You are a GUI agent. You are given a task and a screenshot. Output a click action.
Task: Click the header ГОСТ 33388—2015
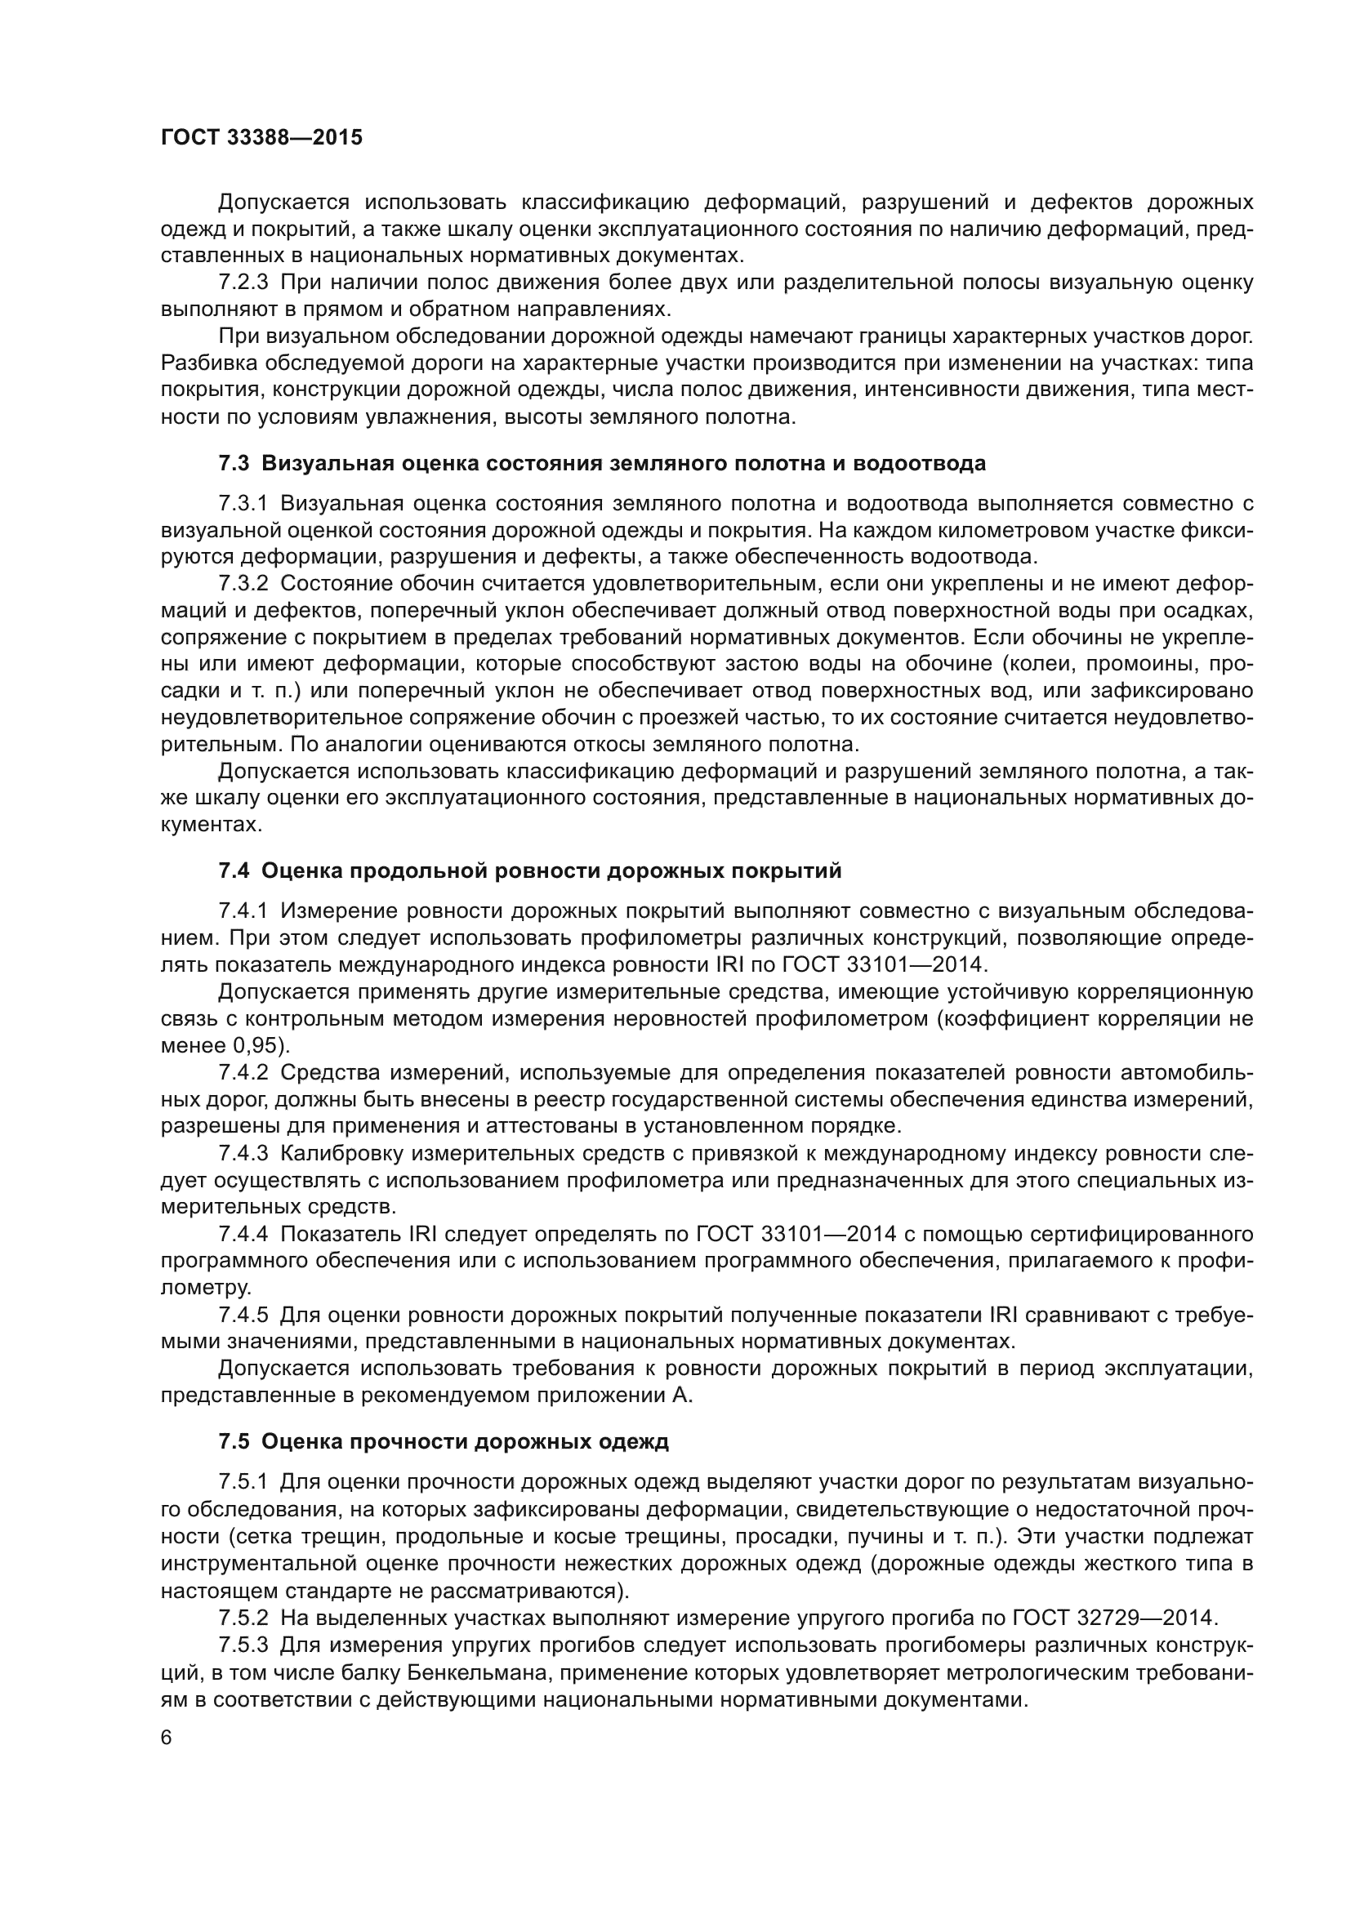pos(261,137)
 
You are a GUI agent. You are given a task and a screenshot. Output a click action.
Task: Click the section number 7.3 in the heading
pos(234,463)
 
